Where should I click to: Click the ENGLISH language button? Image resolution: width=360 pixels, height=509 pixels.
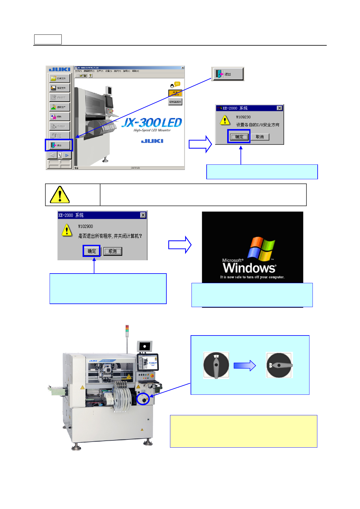[x=175, y=102]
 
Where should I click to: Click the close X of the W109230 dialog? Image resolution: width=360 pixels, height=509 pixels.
[x=280, y=108]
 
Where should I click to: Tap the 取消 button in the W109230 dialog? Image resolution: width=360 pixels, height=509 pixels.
[x=260, y=137]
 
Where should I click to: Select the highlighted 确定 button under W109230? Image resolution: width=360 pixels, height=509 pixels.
[x=239, y=137]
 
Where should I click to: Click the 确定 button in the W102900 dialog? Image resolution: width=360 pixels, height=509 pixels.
[x=92, y=251]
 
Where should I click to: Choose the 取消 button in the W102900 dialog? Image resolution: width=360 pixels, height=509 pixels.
[x=113, y=251]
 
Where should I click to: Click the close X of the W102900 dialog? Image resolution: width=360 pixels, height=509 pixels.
[x=143, y=215]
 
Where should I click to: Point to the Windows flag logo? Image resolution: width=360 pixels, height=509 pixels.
[x=261, y=248]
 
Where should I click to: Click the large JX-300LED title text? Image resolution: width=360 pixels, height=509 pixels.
[x=152, y=123]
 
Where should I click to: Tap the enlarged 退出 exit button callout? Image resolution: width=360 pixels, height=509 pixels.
[x=228, y=74]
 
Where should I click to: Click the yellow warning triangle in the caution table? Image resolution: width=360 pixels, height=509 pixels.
[x=60, y=195]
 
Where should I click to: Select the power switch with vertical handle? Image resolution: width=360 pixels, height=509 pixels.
[x=216, y=365]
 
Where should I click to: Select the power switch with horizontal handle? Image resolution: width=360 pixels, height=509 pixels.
[x=279, y=365]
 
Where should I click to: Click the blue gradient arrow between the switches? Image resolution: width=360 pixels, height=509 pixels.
[x=244, y=366]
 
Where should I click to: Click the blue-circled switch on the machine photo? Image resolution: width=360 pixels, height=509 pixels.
[x=143, y=399]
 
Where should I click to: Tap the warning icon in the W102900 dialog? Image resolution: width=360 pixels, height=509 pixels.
[x=67, y=230]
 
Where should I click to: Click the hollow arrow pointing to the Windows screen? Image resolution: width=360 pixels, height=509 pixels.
[x=180, y=245]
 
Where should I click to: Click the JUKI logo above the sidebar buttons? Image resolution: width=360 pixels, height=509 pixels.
[x=60, y=70]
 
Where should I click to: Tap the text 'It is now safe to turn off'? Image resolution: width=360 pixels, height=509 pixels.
[x=252, y=277]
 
